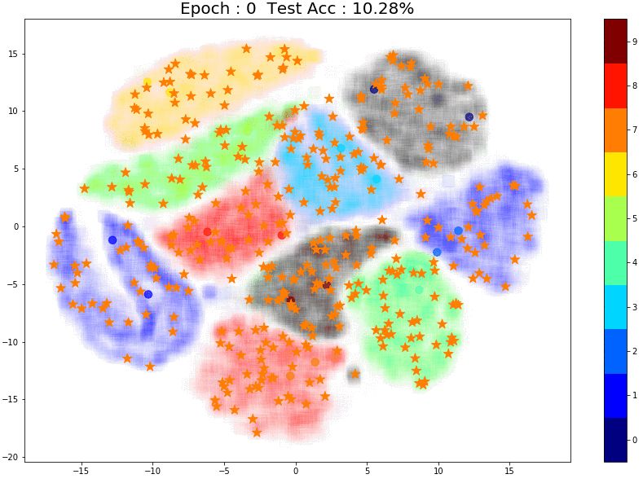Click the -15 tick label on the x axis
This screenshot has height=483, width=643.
81,471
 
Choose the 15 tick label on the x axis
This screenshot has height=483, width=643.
509,471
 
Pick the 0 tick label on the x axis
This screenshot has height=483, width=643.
295,471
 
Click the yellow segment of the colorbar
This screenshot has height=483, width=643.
615,174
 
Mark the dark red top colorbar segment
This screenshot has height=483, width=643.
615,42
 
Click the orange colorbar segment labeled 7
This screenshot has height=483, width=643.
615,130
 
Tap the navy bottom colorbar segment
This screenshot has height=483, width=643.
615,441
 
